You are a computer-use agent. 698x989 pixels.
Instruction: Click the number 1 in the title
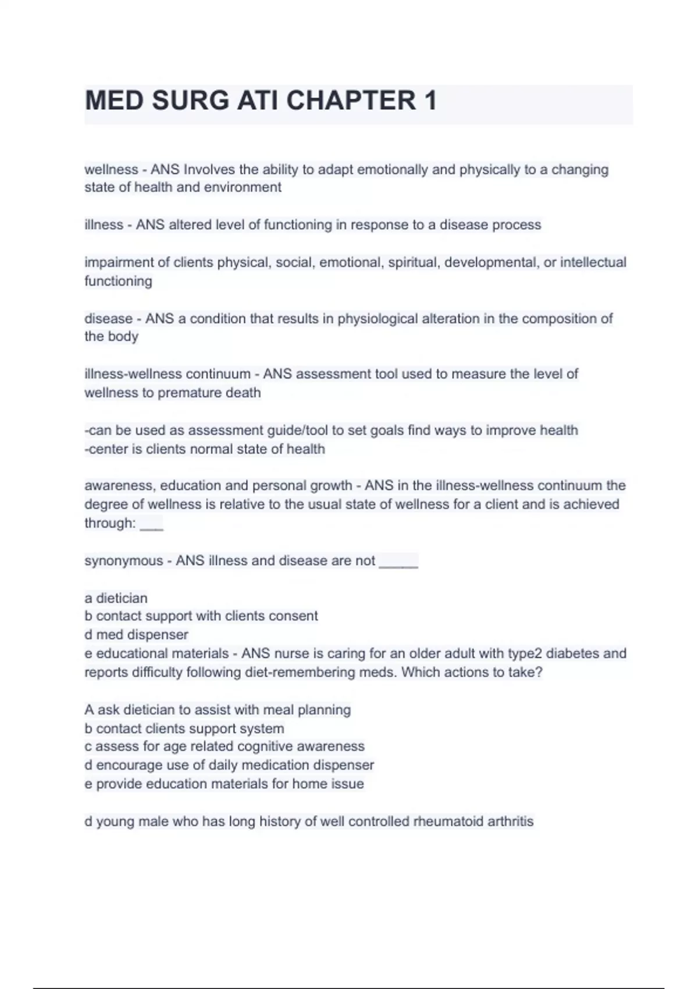(430, 101)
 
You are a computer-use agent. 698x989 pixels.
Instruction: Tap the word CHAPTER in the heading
(351, 101)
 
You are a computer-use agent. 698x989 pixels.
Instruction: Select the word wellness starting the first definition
(111, 170)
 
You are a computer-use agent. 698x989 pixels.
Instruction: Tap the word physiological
(378, 319)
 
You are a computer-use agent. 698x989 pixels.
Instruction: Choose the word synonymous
(123, 561)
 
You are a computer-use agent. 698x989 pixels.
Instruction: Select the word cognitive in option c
(263, 746)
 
